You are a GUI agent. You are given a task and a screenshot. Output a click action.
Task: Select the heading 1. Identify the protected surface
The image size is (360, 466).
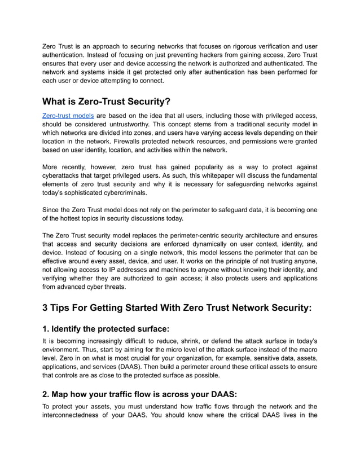pos(106,328)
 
